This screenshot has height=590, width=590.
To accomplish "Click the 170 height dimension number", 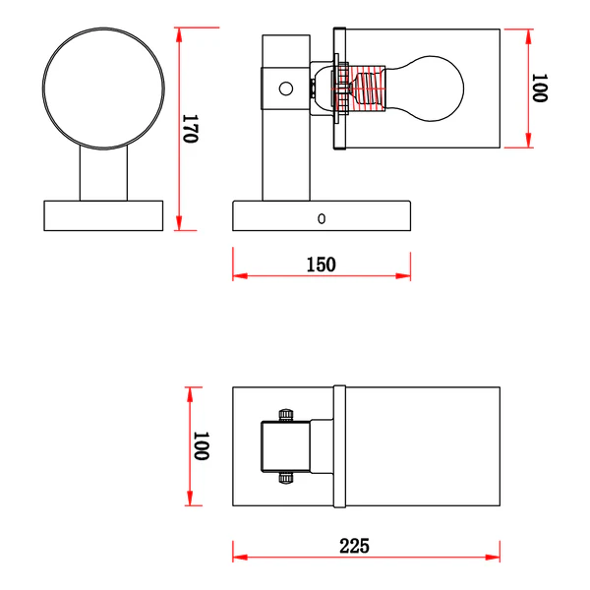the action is click(190, 129).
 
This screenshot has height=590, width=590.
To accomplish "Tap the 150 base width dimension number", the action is click(321, 265).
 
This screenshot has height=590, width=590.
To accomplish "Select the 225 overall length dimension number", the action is click(354, 546).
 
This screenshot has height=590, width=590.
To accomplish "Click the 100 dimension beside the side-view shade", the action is click(540, 88).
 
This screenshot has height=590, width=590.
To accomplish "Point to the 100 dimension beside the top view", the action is click(202, 445).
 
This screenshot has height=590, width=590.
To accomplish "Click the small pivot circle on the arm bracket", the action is click(286, 88).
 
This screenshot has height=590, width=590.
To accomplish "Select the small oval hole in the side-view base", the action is click(322, 218).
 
